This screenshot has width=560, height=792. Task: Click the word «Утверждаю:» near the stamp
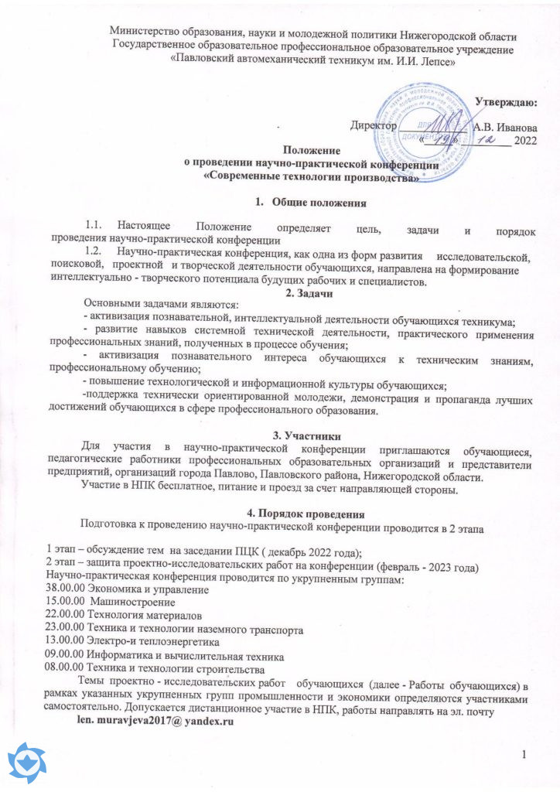pos(506,101)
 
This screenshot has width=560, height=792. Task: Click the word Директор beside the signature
pos(374,125)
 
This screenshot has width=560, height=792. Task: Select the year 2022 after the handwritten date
pos(525,140)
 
